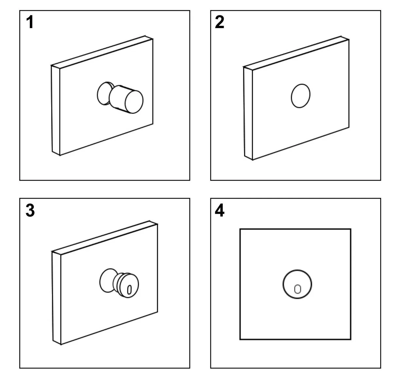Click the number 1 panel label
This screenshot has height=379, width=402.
(x=30, y=22)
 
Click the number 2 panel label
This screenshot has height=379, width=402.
(x=219, y=22)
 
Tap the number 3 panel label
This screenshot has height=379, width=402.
(x=30, y=210)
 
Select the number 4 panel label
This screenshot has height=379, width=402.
(x=219, y=210)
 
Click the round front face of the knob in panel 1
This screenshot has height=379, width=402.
(x=134, y=102)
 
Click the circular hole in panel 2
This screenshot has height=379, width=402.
(x=301, y=96)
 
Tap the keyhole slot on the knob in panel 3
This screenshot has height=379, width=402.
(x=129, y=290)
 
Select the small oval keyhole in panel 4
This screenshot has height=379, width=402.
(x=298, y=289)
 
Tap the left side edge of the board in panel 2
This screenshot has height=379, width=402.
(x=248, y=113)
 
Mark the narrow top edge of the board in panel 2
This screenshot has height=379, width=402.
(x=296, y=53)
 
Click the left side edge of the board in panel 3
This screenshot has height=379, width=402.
(x=57, y=298)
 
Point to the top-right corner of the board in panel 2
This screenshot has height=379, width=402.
(x=349, y=40)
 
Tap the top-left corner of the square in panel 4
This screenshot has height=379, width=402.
(x=240, y=229)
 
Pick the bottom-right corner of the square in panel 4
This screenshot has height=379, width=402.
(x=351, y=339)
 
